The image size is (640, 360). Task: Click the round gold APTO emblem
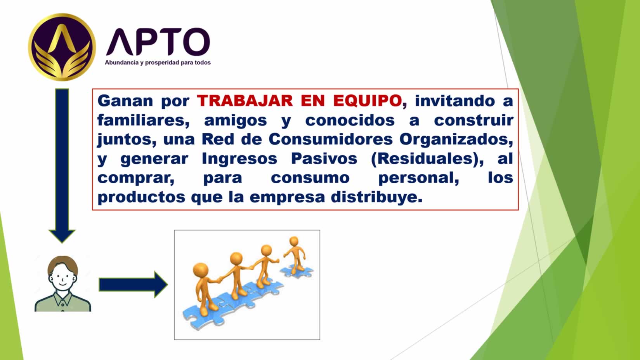pyautogui.click(x=62, y=47)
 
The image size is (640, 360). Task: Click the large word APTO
pyautogui.click(x=158, y=42)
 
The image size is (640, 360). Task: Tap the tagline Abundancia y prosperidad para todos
pyautogui.click(x=158, y=63)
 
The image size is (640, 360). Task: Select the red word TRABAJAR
pyautogui.click(x=245, y=101)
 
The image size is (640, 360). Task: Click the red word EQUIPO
pyautogui.click(x=368, y=101)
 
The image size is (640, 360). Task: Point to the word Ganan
pyautogui.click(x=125, y=101)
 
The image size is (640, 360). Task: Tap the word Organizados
pyautogui.click(x=456, y=139)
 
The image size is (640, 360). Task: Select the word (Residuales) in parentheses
pyautogui.click(x=427, y=159)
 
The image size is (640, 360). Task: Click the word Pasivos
pyautogui.click(x=324, y=159)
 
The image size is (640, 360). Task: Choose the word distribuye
pyautogui.click(x=376, y=197)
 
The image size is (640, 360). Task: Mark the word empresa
pyautogui.click(x=287, y=198)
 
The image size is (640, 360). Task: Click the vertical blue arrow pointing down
pyautogui.click(x=62, y=166)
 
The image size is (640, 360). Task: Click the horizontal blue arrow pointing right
pyautogui.click(x=133, y=285)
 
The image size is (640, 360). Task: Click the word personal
pyautogui.click(x=418, y=178)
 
